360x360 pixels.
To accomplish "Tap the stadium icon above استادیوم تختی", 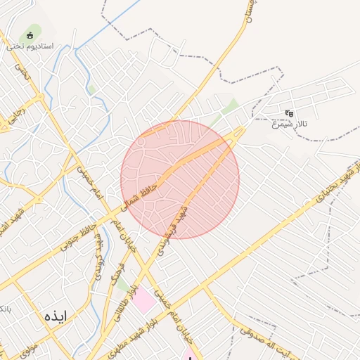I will click(x=30, y=35).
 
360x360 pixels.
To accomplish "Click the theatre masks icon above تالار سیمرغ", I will click(x=288, y=113).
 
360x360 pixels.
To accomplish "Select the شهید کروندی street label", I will click(x=174, y=227).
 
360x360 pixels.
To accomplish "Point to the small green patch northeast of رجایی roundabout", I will click(x=91, y=89).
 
